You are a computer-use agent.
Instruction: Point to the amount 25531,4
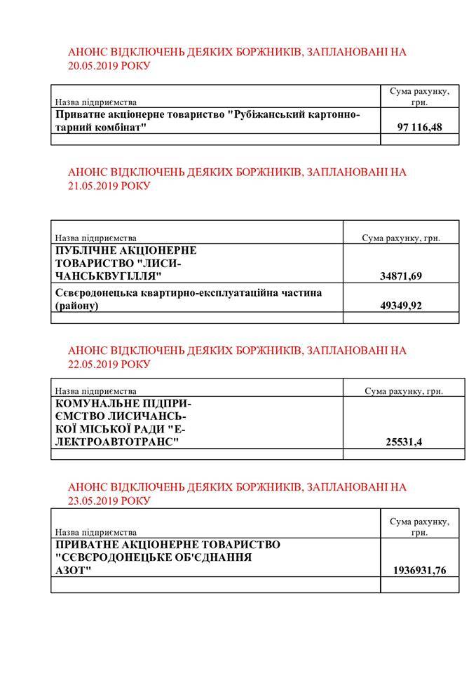404,442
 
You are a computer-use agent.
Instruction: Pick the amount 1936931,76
419,571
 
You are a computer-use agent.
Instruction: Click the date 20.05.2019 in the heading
93,66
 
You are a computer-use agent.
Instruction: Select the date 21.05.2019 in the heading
93,186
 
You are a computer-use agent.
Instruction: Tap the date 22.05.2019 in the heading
93,364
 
